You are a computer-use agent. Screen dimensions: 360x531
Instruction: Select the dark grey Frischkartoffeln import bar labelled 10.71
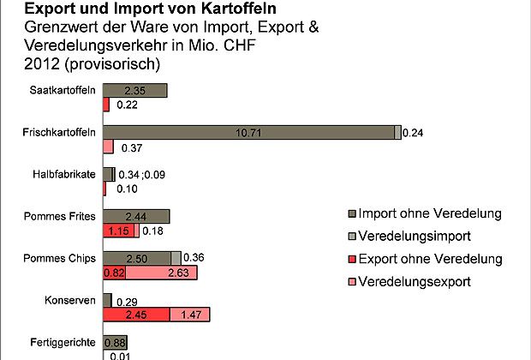tap(249, 132)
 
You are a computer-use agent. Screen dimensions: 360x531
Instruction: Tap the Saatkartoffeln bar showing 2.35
tap(134, 90)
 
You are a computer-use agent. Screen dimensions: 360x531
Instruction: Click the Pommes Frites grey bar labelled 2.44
tap(136, 216)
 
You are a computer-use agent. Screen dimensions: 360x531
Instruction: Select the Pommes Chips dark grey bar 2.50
tap(136, 258)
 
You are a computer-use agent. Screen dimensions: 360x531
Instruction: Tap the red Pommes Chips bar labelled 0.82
tap(114, 273)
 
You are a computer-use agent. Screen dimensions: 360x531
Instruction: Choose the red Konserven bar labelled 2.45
tap(136, 315)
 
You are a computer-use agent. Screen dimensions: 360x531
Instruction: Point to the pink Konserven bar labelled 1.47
tap(189, 315)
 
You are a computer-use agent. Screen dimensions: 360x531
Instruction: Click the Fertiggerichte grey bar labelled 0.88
tap(115, 342)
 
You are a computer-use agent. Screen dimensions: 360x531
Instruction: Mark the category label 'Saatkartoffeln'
tap(63, 90)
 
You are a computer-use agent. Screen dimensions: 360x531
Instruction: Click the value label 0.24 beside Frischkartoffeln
tap(414, 132)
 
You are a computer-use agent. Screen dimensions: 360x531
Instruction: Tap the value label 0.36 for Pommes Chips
tap(194, 258)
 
